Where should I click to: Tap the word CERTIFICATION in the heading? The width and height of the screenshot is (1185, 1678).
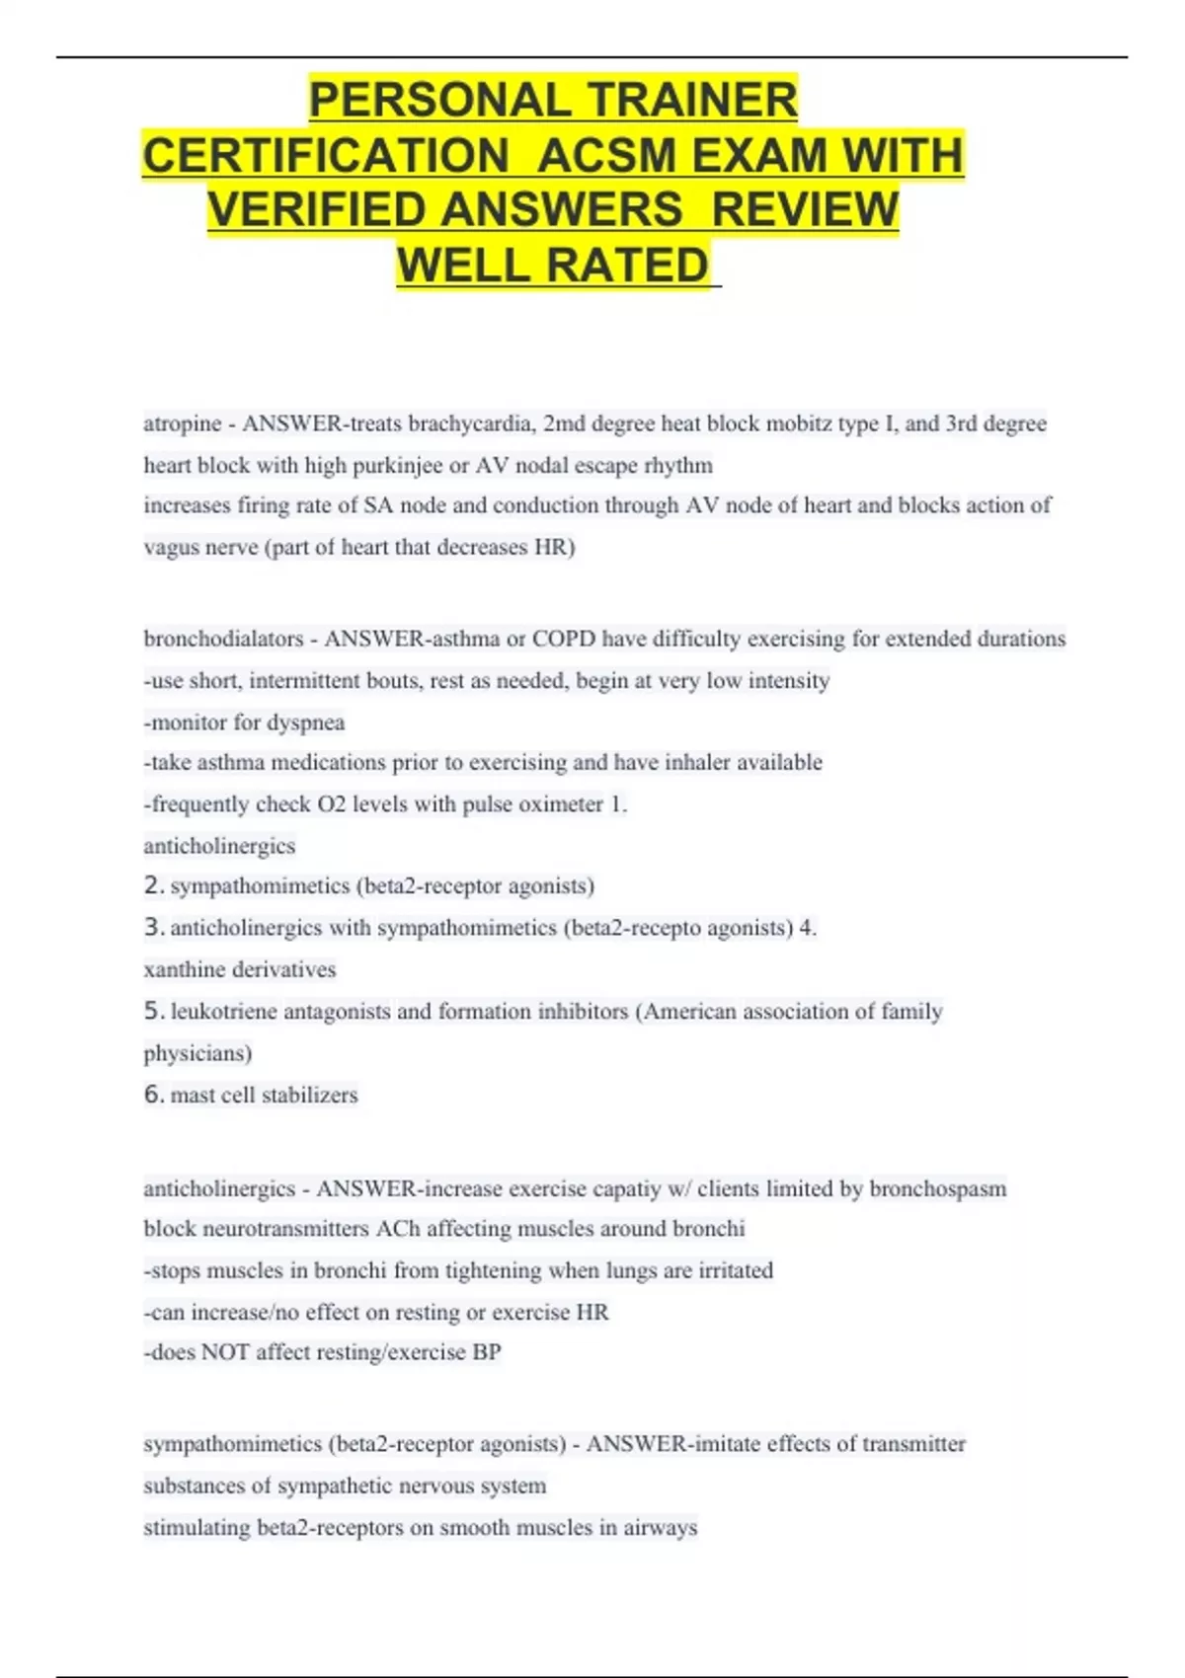326,155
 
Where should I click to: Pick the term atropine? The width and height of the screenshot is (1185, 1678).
183,423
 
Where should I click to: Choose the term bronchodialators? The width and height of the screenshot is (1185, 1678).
224,639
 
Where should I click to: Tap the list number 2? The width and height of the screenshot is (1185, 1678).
153,885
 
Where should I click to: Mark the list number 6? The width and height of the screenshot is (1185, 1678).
153,1094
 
